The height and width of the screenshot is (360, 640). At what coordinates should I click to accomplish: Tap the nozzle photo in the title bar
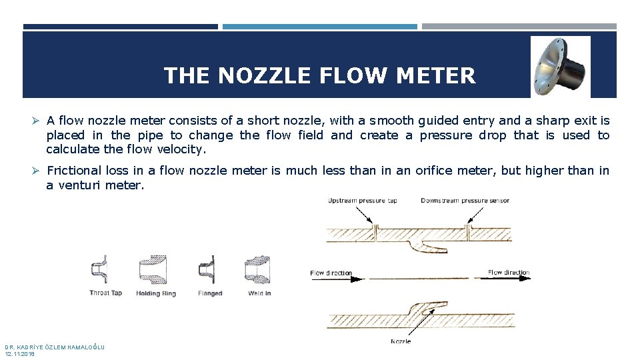coord(560,67)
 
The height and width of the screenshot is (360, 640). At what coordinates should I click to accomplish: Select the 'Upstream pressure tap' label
coord(363,201)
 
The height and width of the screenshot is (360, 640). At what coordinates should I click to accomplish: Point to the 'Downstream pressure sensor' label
coord(465,201)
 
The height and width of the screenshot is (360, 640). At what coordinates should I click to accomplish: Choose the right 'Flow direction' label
coord(509,273)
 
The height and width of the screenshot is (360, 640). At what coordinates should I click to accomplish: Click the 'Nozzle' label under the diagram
coord(401,342)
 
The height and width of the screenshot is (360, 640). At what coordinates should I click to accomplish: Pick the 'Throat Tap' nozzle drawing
coord(99,269)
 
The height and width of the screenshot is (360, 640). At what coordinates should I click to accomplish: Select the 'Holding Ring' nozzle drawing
coord(153,270)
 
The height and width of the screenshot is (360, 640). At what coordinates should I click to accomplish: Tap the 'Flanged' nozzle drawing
coord(207,269)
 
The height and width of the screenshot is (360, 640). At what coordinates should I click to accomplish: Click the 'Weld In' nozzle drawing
coord(257,270)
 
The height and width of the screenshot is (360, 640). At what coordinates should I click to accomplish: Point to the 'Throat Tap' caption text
coord(105,293)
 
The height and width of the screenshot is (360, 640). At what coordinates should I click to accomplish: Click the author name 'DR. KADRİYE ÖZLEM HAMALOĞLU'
coord(55,347)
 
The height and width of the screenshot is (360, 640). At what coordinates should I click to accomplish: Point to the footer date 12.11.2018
coord(20,354)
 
